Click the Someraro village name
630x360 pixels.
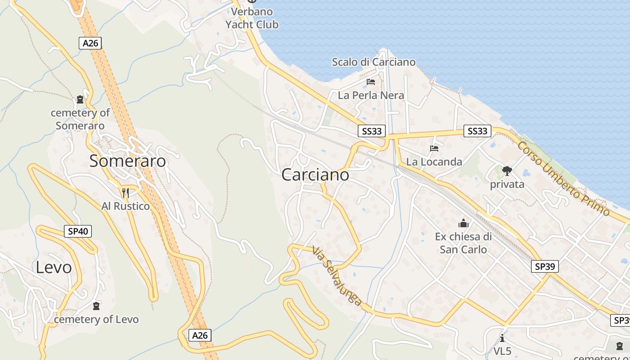[x=127, y=161]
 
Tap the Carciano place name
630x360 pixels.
[x=315, y=175]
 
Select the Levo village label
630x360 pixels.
[x=54, y=267]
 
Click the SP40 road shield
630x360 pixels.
[x=78, y=231]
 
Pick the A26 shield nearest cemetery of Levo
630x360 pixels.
[x=200, y=335]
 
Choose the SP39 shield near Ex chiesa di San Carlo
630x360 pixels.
[x=544, y=266]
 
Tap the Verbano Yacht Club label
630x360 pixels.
[x=252, y=18]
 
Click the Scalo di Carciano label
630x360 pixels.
[x=373, y=62]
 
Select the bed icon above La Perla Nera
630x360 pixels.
[x=371, y=82]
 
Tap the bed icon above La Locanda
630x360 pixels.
[x=434, y=148]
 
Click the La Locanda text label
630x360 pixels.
[x=434, y=162]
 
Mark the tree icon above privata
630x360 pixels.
[x=507, y=171]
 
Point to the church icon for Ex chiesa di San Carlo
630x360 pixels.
[x=463, y=223]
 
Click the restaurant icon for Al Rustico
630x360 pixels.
[x=126, y=193]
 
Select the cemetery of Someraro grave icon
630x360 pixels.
[x=80, y=99]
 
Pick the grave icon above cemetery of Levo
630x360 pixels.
[x=96, y=306]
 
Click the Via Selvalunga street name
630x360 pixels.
[x=337, y=276]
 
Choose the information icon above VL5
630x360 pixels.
[x=502, y=338]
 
